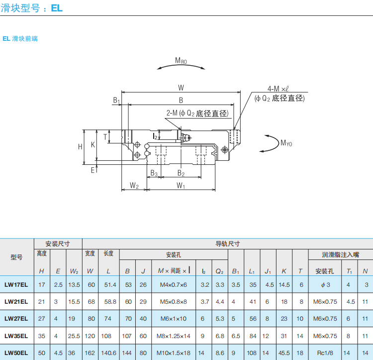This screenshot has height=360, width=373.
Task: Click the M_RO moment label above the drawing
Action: (x=181, y=61)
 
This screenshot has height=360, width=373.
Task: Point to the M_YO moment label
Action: (x=286, y=143)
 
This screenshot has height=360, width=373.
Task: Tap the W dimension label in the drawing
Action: (x=181, y=88)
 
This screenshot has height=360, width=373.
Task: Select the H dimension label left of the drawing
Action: (x=80, y=146)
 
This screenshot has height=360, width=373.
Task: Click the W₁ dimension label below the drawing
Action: (x=181, y=186)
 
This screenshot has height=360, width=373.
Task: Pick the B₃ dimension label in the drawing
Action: (x=154, y=173)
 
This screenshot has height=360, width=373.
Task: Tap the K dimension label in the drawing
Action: (x=93, y=145)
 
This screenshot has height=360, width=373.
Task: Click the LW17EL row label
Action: (x=16, y=285)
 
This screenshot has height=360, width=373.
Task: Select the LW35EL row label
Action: (x=16, y=336)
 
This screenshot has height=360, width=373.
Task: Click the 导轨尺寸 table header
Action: (x=227, y=244)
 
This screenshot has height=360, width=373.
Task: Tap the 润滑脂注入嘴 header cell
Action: (x=340, y=254)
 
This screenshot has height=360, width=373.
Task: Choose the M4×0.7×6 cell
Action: (x=173, y=285)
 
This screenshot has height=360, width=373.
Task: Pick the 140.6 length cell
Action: (x=108, y=353)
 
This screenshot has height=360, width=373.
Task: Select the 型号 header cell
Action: (x=16, y=257)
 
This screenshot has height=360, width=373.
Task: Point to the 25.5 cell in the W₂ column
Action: (x=74, y=336)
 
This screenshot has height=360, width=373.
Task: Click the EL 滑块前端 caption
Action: (x=20, y=38)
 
